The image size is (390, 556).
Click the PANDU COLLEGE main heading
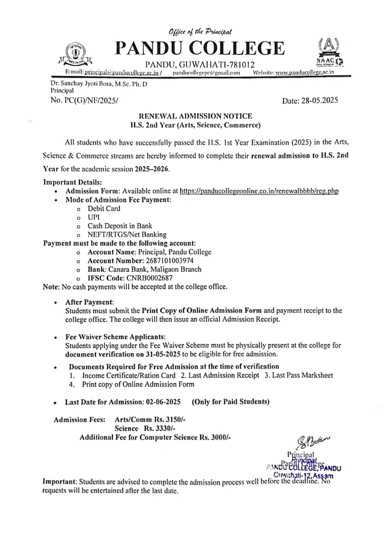199,47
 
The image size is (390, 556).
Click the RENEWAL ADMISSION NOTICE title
195,116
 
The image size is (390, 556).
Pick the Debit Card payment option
104,208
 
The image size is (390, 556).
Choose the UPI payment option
93,217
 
